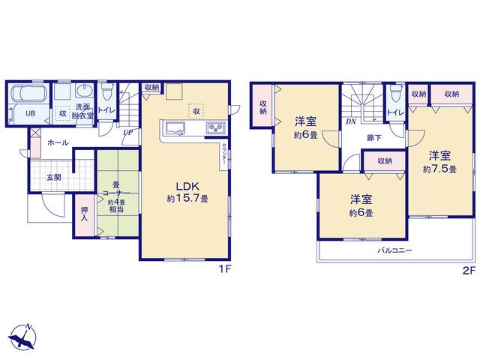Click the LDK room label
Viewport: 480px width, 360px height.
pyautogui.click(x=187, y=186)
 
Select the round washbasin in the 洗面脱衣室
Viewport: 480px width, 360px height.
pyautogui.click(x=83, y=91)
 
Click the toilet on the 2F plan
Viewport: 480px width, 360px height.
pyautogui.click(x=396, y=94)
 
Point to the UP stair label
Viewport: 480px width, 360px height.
pyautogui.click(x=127, y=133)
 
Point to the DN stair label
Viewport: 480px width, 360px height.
pyautogui.click(x=351, y=121)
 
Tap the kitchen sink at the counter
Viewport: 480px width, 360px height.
pyautogui.click(x=175, y=128)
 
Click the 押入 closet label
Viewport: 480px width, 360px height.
pyautogui.click(x=84, y=214)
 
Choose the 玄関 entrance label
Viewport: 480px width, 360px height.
pyautogui.click(x=53, y=177)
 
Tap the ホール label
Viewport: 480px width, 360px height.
pyautogui.click(x=58, y=142)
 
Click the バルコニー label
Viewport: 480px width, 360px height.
pyautogui.click(x=394, y=250)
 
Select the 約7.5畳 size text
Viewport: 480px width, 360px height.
pyautogui.click(x=439, y=169)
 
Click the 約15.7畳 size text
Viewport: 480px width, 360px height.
pyautogui.click(x=187, y=199)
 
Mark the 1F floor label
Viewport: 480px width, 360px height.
pyautogui.click(x=226, y=269)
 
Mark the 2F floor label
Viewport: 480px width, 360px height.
pyautogui.click(x=469, y=271)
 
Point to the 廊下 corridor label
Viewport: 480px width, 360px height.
pyautogui.click(x=374, y=138)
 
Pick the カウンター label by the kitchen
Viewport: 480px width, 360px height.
pyautogui.click(x=224, y=155)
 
